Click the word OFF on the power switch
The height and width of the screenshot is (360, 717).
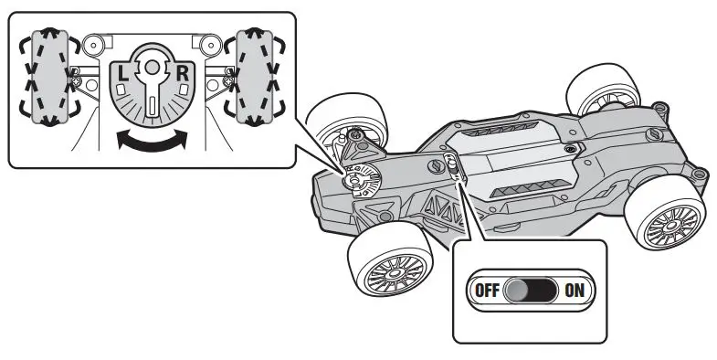coord(486,291)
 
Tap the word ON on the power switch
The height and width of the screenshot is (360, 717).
coord(575,291)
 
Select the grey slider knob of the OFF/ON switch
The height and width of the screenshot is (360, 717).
coord(519,291)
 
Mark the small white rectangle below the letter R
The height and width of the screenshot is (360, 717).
coord(183,90)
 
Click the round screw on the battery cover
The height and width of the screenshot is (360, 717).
coord(571,146)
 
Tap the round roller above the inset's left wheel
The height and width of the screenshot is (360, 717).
coord(90,43)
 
